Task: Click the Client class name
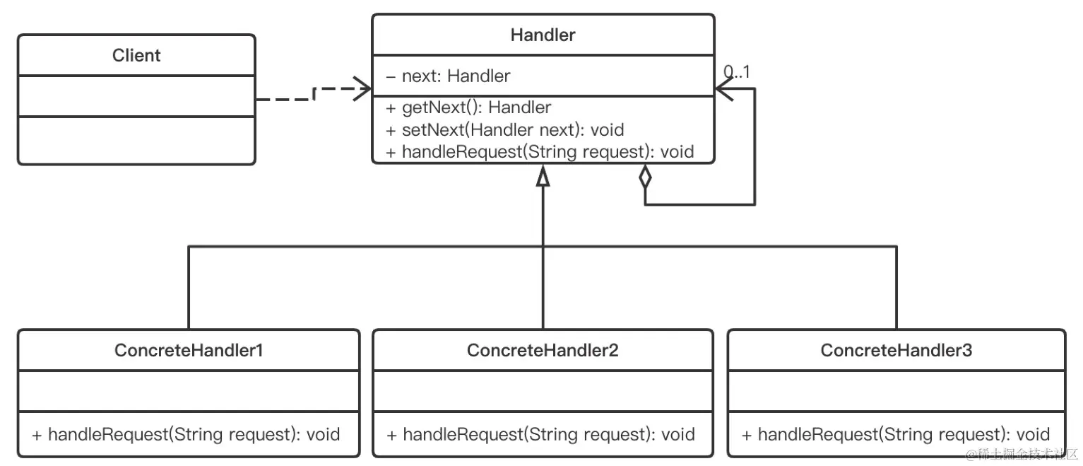[x=136, y=55]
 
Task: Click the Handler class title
[x=543, y=35]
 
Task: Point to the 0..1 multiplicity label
[x=736, y=71]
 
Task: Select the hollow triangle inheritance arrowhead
[x=543, y=175]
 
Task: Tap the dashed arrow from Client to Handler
[x=311, y=95]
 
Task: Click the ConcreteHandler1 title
[x=189, y=350]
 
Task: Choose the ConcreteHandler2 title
[x=543, y=350]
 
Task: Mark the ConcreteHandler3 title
[x=896, y=350]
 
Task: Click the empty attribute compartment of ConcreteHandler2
[x=543, y=391]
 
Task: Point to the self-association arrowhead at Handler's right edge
[x=725, y=89]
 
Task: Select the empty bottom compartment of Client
[x=136, y=140]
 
